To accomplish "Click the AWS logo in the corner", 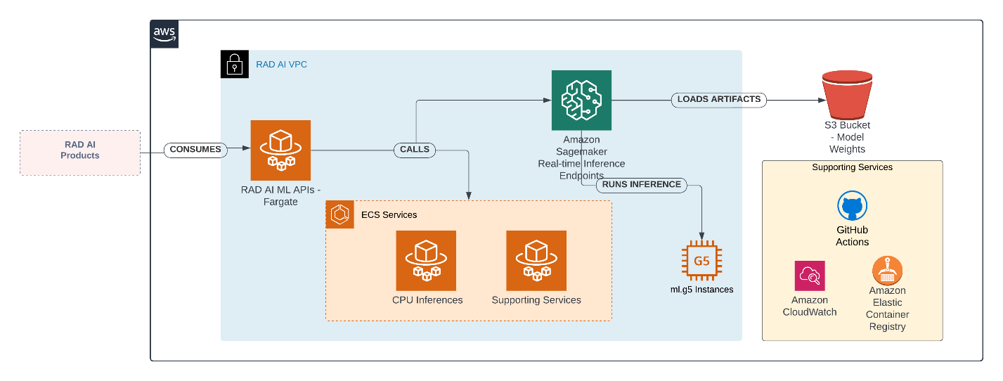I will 164,34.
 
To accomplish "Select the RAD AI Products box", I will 80,153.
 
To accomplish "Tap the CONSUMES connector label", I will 195,149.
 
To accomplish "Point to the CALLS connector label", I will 415,149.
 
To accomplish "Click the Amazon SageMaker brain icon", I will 581,100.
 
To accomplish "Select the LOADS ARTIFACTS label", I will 719,99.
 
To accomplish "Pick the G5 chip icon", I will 701,261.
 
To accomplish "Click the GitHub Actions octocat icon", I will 852,207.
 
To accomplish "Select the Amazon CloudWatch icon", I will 810,276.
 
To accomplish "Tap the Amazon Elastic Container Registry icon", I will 887,270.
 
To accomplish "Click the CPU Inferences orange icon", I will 426,260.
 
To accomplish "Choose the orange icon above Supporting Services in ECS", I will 536,260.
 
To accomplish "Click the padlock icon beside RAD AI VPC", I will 235,64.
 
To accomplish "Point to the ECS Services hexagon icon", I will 340,214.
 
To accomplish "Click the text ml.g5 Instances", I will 701,290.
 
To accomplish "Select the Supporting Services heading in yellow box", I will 852,167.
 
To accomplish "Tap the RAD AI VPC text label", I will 281,65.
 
